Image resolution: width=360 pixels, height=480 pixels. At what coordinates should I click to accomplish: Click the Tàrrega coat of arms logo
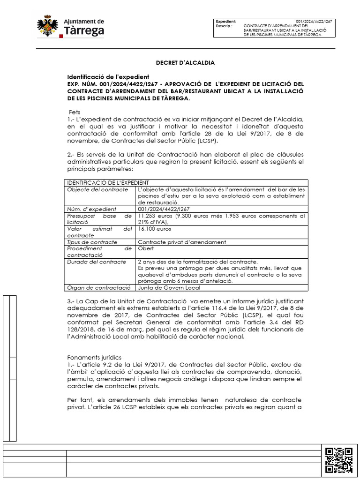tap(48, 27)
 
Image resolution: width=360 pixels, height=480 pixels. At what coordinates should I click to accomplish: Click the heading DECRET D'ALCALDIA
tap(185, 62)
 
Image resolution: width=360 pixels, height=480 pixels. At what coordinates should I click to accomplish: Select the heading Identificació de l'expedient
tap(108, 77)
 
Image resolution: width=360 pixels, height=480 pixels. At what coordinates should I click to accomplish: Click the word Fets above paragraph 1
tap(75, 113)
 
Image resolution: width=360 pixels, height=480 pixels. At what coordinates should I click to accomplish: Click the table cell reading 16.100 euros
tap(154, 229)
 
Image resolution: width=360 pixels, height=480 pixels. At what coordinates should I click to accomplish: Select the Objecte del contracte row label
tap(97, 189)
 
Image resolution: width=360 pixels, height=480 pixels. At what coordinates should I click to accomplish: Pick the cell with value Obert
tap(146, 248)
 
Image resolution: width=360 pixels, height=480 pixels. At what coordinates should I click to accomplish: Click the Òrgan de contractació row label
tap(98, 287)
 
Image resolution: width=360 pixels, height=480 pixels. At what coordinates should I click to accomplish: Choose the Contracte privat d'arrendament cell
tap(182, 242)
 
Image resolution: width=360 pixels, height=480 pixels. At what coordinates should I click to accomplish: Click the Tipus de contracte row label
tap(92, 242)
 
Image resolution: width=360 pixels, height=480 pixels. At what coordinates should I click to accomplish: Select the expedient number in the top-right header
tap(314, 22)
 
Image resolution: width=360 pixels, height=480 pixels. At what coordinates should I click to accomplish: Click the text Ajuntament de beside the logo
tap(83, 22)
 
